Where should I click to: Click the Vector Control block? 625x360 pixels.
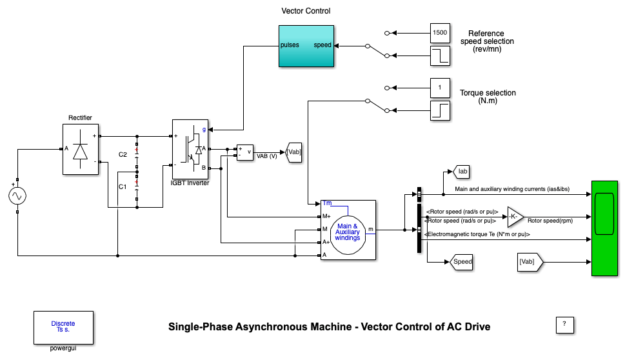click(x=306, y=46)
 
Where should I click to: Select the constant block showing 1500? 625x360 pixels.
click(x=440, y=32)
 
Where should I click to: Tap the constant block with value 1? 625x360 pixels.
click(x=440, y=87)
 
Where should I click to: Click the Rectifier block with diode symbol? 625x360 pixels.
click(x=81, y=149)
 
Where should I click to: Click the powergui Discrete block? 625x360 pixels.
click(x=63, y=327)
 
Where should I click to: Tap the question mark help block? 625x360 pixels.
click(x=564, y=325)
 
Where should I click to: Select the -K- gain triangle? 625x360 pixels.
click(x=515, y=217)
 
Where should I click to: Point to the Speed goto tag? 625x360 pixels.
click(x=461, y=261)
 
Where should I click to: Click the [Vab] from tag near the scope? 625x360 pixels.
click(x=531, y=261)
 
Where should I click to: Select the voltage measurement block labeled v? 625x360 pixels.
click(x=246, y=152)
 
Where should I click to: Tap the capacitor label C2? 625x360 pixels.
click(x=123, y=155)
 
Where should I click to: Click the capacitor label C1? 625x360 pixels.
click(x=123, y=186)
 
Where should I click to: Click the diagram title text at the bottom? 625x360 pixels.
click(x=329, y=327)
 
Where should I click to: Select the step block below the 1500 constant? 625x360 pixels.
click(x=440, y=55)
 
